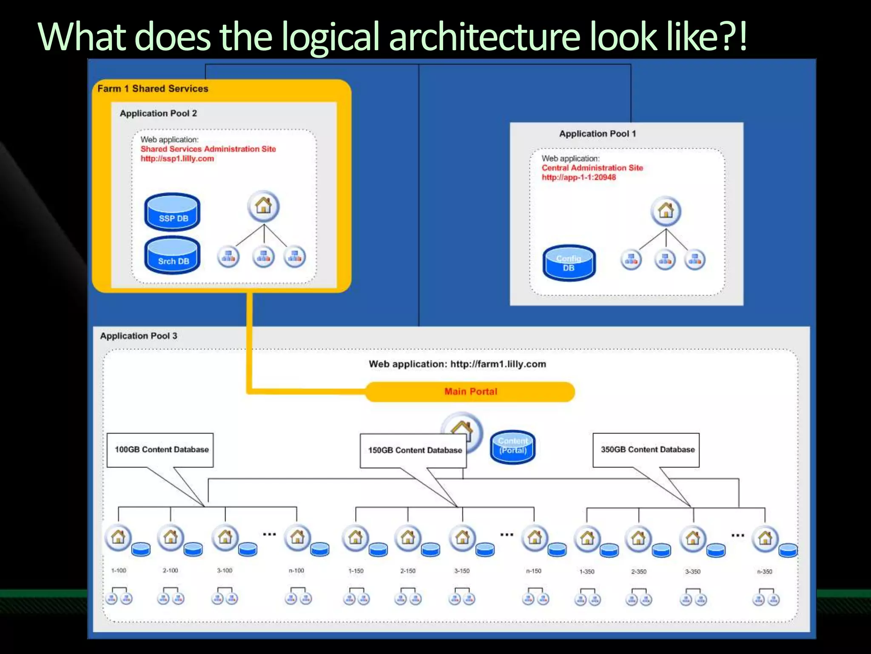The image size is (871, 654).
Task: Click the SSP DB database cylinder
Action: [x=172, y=212]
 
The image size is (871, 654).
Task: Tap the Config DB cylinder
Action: [x=569, y=263]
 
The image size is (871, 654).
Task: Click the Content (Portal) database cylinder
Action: [x=513, y=447]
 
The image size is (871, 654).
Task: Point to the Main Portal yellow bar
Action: [x=470, y=392]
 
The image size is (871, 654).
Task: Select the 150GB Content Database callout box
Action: [x=413, y=450]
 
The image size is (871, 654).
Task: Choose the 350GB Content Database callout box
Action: [x=646, y=450]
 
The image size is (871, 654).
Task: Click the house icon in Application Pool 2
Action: [x=264, y=207]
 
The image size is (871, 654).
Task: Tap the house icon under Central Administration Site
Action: [x=666, y=211]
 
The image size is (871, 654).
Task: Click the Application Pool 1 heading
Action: [x=598, y=134]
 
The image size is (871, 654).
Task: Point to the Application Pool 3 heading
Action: [x=139, y=336]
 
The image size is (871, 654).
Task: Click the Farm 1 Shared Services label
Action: [x=153, y=89]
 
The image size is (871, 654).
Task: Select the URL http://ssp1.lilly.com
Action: [x=177, y=159]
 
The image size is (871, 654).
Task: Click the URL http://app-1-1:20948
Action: [x=579, y=178]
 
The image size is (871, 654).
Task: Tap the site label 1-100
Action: [x=119, y=571]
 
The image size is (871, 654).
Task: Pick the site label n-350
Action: [x=765, y=572]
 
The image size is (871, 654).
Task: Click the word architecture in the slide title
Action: [x=484, y=37]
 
